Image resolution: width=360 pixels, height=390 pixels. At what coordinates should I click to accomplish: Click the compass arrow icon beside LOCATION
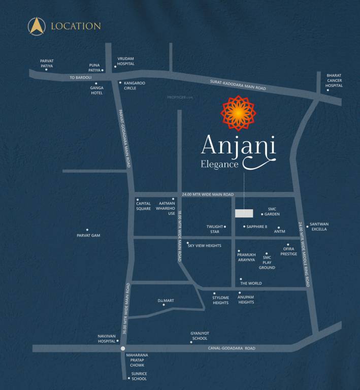[37, 25]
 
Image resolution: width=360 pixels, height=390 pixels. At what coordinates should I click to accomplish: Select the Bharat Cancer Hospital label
[335, 80]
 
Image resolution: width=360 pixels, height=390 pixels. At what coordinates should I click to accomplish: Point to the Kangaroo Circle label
[135, 85]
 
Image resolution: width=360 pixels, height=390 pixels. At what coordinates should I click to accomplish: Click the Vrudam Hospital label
[125, 61]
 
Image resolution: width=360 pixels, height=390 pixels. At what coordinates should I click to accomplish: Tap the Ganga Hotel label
[96, 90]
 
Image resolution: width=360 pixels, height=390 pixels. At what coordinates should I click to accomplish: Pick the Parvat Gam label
[88, 235]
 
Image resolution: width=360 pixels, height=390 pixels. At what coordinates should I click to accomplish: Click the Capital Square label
[143, 206]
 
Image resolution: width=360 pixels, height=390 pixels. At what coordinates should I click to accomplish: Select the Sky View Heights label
[204, 245]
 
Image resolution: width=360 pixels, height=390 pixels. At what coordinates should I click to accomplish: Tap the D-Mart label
[166, 301]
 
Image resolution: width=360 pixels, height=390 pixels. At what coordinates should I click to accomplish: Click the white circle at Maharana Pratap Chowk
[123, 348]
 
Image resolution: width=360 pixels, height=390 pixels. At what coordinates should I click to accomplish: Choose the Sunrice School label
[139, 376]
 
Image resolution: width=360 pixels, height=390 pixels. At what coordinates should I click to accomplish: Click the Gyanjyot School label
[199, 336]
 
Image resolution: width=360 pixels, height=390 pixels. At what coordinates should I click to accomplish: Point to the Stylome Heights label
[220, 300]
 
